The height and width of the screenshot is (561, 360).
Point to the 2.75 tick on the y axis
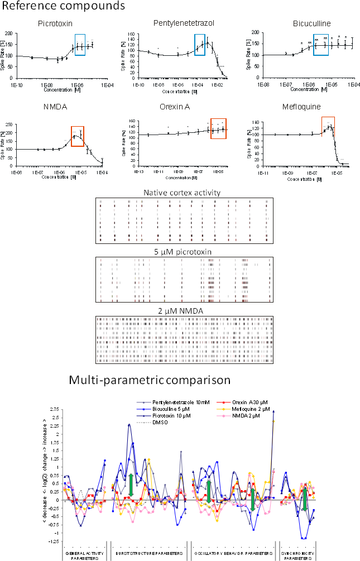[55, 409]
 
